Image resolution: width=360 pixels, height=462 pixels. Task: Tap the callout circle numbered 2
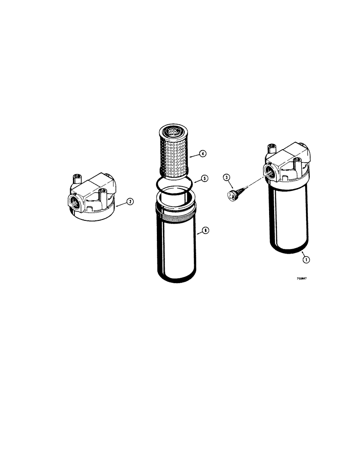[x=131, y=201]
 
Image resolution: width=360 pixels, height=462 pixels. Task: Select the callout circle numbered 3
[x=226, y=176]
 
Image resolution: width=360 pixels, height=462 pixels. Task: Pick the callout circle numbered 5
[x=204, y=178]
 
